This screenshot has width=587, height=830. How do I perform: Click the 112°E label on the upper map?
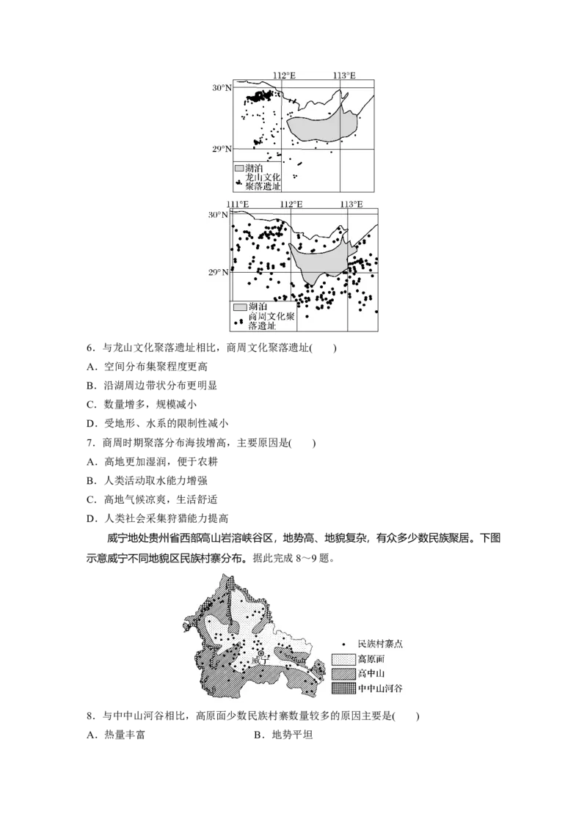click(284, 76)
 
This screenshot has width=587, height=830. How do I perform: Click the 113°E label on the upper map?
click(343, 76)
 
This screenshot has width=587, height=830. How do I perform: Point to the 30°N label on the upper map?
click(222, 88)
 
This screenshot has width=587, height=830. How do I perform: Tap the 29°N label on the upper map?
click(222, 150)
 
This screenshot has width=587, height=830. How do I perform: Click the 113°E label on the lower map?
click(350, 204)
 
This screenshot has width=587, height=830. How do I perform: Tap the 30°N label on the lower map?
click(219, 216)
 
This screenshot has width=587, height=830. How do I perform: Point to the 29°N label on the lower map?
click(219, 273)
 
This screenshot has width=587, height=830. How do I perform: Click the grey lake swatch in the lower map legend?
click(239, 306)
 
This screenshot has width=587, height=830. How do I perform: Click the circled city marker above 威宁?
click(260, 653)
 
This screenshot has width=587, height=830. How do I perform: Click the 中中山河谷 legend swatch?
click(343, 688)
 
